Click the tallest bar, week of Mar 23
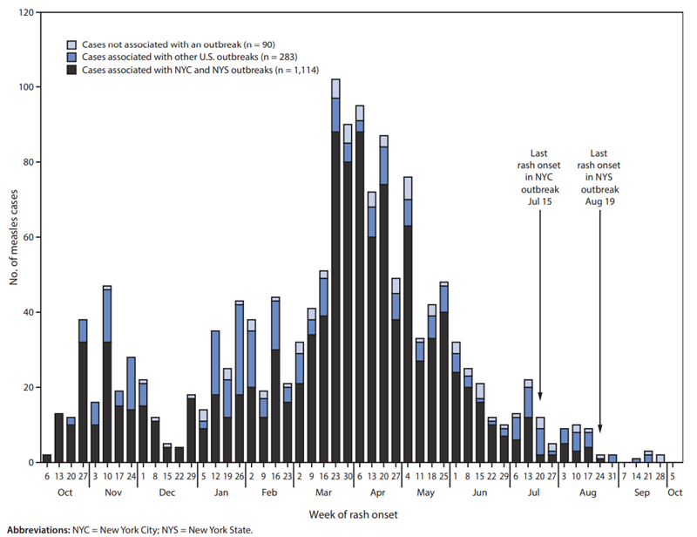[335, 270]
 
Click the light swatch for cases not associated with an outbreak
[73, 44]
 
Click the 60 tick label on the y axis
[31, 237]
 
